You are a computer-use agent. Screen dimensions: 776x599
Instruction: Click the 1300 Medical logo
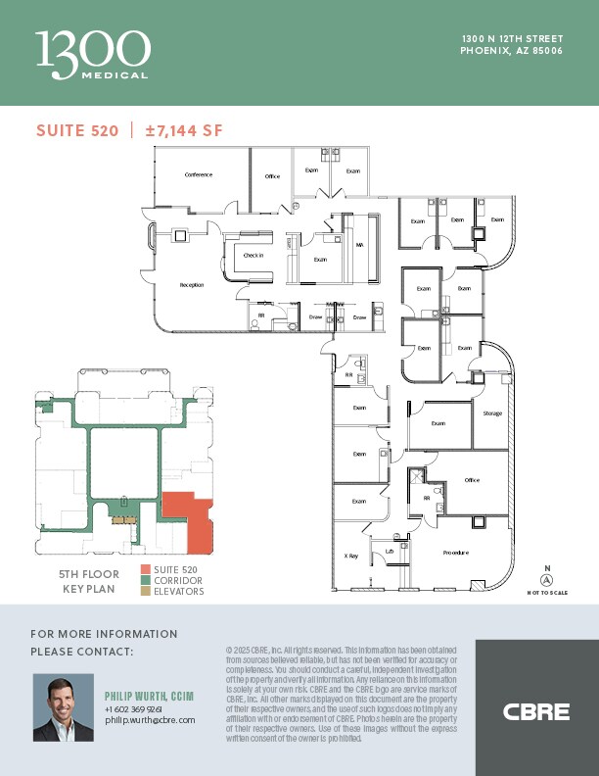point(93,54)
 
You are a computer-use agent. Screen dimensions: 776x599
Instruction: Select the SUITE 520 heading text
point(77,130)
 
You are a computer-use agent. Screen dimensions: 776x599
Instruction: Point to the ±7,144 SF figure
point(184,130)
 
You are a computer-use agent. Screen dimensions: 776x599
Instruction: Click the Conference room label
point(199,175)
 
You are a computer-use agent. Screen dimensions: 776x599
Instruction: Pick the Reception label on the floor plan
point(191,285)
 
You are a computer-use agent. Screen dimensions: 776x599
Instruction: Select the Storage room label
point(492,413)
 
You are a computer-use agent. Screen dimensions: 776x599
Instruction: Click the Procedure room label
point(455,553)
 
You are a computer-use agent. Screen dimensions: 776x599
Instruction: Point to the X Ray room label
point(350,556)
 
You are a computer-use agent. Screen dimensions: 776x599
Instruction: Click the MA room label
point(359,245)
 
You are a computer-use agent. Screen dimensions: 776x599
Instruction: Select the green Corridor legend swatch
point(146,581)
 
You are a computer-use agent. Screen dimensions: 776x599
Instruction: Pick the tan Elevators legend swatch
point(146,592)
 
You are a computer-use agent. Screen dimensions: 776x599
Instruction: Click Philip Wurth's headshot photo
point(64,706)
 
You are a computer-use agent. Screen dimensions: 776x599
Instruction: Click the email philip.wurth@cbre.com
point(150,720)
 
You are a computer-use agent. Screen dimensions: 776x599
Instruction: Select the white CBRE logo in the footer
point(535,711)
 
